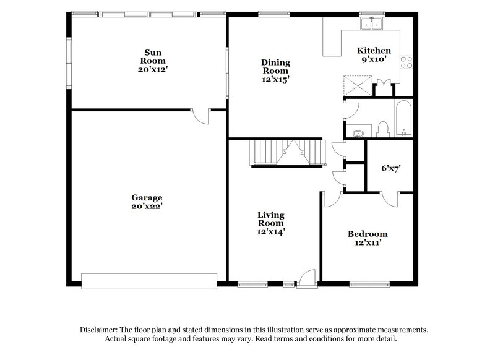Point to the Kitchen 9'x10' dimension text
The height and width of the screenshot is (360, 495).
374,60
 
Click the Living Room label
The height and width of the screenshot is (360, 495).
271,219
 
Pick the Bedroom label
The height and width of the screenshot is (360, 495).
368,234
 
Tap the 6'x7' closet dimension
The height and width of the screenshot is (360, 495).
389,168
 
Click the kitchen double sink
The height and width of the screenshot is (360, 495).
372,25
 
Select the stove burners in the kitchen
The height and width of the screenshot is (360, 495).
407,61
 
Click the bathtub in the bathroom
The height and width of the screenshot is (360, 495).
403,118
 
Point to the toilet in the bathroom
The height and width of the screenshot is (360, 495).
382,128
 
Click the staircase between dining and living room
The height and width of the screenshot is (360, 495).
287,152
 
